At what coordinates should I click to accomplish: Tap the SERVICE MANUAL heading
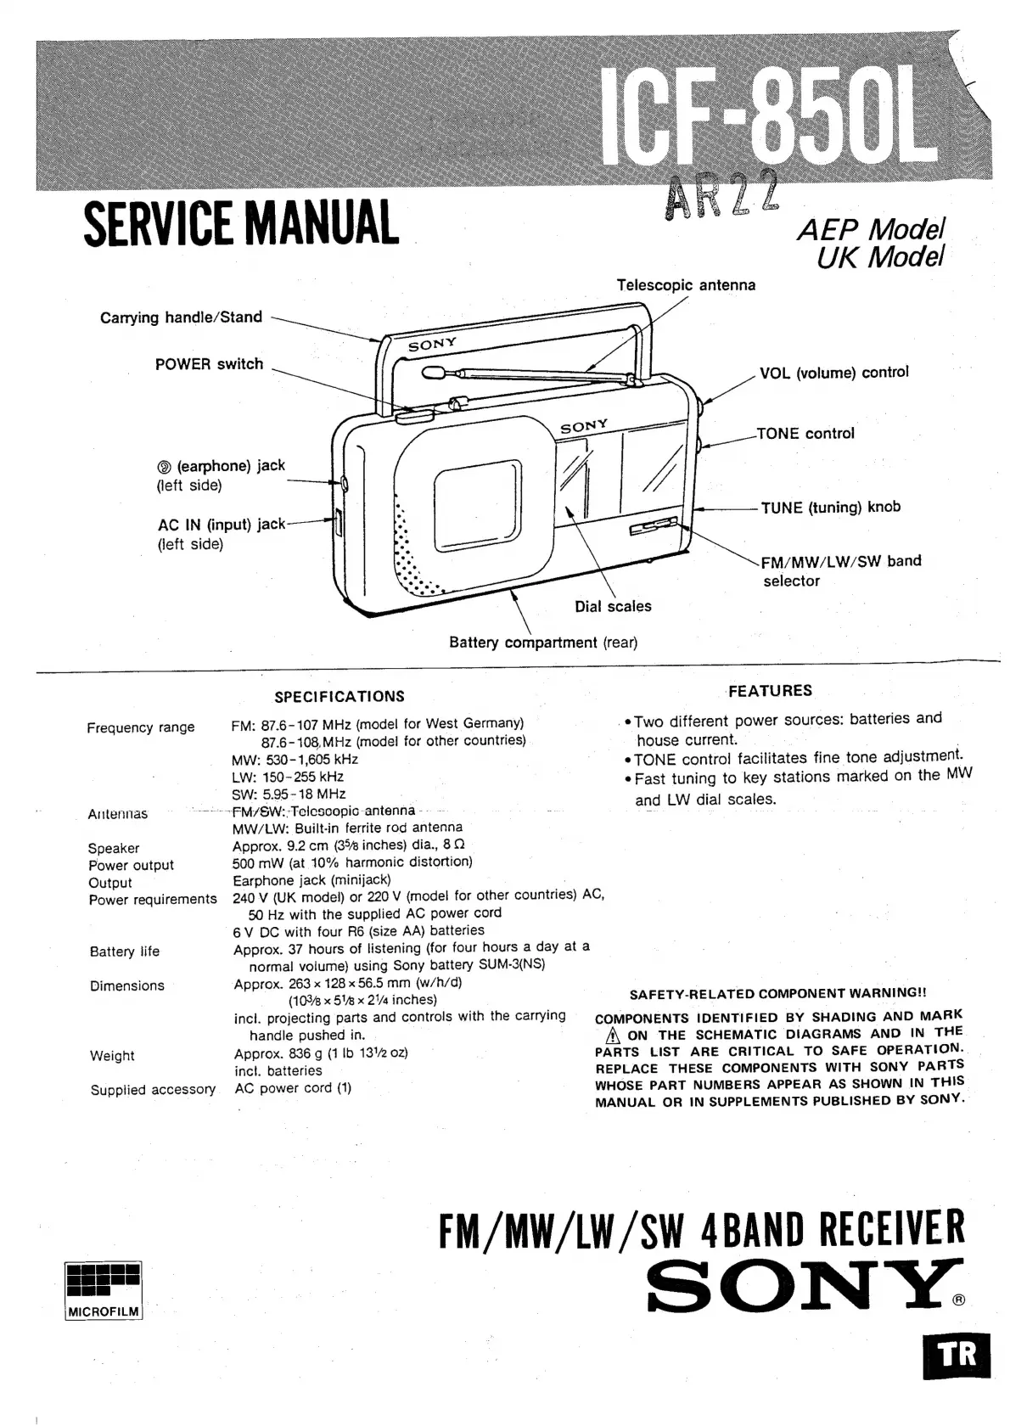(x=241, y=222)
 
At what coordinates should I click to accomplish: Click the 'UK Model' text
(x=880, y=255)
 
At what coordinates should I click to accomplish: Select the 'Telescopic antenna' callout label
(x=686, y=285)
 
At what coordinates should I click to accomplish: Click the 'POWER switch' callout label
(x=209, y=364)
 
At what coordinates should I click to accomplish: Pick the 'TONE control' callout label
(x=805, y=434)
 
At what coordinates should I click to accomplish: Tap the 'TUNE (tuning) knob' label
(x=830, y=508)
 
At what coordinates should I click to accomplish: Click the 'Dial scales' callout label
(x=613, y=606)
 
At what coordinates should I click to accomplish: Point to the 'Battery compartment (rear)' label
(x=543, y=643)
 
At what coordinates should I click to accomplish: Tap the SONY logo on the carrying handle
(x=432, y=345)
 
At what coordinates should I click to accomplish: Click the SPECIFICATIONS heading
(x=339, y=697)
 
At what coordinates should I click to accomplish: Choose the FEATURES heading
(x=770, y=691)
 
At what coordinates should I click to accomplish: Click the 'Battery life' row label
(x=125, y=952)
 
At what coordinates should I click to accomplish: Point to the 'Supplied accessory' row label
(x=153, y=1090)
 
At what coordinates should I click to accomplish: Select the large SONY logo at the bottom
(x=804, y=1294)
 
